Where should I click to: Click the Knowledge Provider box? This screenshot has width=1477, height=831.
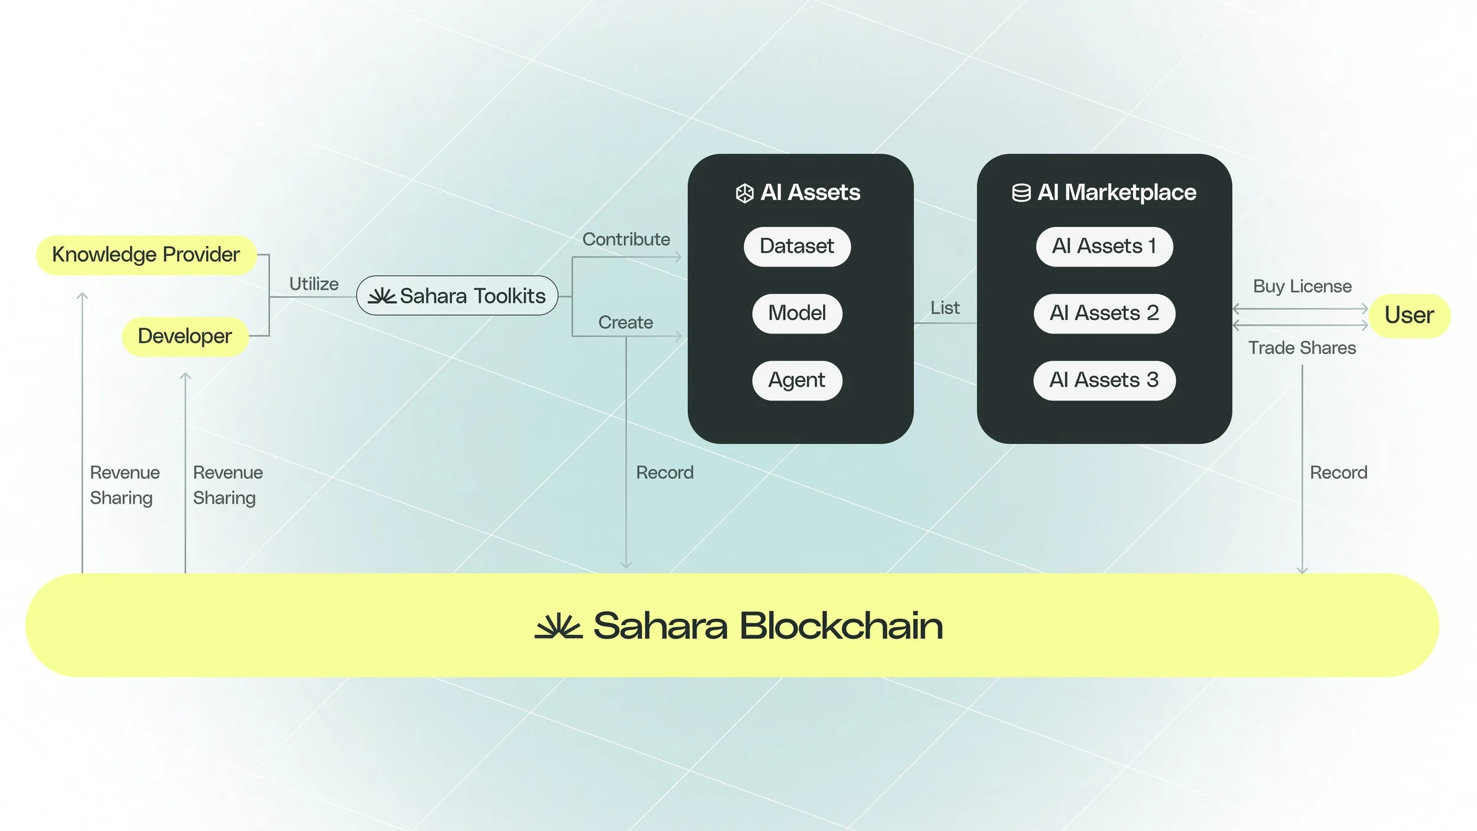(146, 255)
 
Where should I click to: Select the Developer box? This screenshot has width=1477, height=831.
(185, 336)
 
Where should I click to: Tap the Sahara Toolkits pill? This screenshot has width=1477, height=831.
(457, 296)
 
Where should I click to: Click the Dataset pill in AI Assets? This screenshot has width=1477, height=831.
(797, 246)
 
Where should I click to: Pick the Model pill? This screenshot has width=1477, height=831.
(797, 313)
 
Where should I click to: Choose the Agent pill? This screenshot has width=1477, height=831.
(797, 380)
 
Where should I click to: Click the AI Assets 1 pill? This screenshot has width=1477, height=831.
(1104, 246)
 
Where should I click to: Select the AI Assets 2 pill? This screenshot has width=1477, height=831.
(1104, 313)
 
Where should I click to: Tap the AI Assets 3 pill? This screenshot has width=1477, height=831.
(1104, 380)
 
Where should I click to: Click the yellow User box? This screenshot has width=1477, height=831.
(1410, 316)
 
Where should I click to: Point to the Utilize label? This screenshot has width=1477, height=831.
(314, 284)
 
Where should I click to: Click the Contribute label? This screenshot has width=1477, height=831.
(626, 239)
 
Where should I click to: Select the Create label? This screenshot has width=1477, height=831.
(626, 323)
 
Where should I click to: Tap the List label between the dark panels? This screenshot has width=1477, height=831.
(945, 308)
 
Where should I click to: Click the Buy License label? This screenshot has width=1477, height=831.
(1302, 287)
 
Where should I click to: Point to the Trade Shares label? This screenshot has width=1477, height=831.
(1302, 348)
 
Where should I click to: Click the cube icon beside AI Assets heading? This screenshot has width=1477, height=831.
(744, 193)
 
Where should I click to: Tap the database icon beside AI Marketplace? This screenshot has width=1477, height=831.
(1021, 193)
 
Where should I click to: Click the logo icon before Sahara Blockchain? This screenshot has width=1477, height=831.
(558, 627)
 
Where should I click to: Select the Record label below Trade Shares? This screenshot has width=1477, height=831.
(1339, 473)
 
